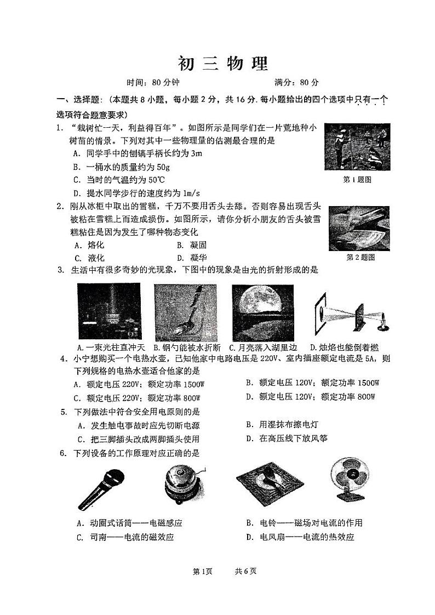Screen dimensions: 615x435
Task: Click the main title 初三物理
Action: tap(223, 64)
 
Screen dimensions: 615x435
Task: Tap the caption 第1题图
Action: tap(357, 179)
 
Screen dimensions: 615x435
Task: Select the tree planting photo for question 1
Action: tap(357, 146)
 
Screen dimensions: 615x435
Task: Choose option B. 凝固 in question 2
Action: tap(191, 245)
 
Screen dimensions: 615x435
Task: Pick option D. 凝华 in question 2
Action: tap(191, 258)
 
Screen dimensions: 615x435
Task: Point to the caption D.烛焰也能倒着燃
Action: tap(344, 348)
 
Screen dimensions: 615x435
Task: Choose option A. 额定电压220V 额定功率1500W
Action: tap(138, 384)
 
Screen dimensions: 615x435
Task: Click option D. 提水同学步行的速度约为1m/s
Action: tap(136, 192)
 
